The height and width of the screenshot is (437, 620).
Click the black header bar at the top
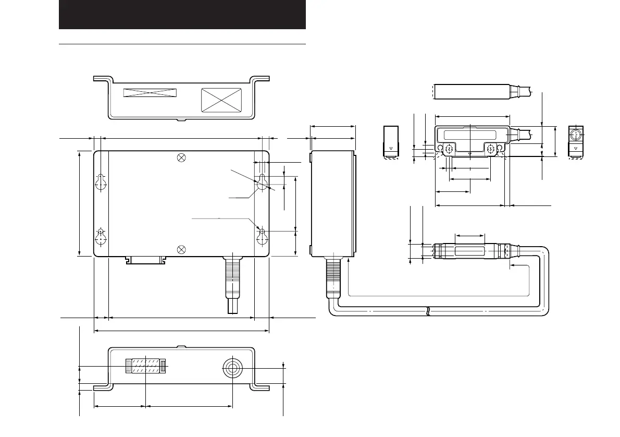pyautogui.click(x=182, y=15)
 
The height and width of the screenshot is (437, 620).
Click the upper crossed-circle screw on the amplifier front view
pyautogui.click(x=181, y=158)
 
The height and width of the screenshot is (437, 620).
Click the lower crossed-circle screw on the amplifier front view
pyautogui.click(x=181, y=249)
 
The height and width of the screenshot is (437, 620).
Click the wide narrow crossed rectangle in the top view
pyautogui.click(x=150, y=93)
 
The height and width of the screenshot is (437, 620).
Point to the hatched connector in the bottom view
pyautogui.click(x=146, y=366)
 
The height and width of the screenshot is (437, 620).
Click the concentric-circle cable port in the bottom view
pyautogui.click(x=231, y=368)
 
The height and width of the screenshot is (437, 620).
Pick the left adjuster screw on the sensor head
pyautogui.click(x=449, y=149)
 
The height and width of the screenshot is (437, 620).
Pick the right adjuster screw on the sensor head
pyautogui.click(x=490, y=149)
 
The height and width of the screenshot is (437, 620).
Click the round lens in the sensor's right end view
pyautogui.click(x=576, y=135)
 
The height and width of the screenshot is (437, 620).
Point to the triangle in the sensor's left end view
pyautogui.click(x=391, y=149)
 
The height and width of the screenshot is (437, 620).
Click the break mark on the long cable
pyautogui.click(x=428, y=311)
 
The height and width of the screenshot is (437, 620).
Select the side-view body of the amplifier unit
pyautogui.click(x=332, y=203)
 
